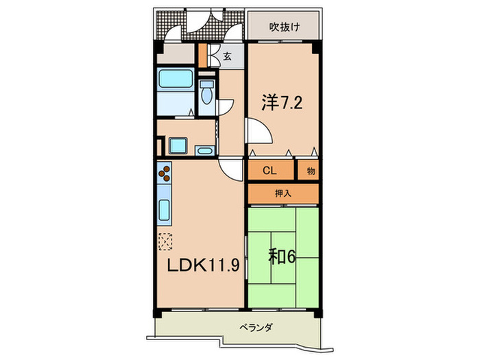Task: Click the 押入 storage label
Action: click(x=283, y=194)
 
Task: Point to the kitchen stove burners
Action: click(x=165, y=176)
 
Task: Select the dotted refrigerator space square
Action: click(x=165, y=241)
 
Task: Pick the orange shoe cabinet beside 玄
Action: click(x=203, y=56)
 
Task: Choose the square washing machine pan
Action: click(x=178, y=146)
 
